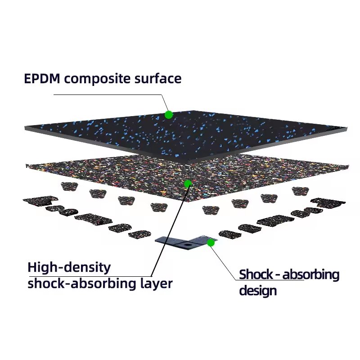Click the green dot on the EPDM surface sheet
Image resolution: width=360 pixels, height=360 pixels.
(169, 115)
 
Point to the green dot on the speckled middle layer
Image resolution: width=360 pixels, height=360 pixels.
(188, 183)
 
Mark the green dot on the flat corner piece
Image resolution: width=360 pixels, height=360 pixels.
(210, 243)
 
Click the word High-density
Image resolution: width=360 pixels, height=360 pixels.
(69, 268)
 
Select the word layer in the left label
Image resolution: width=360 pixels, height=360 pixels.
(156, 284)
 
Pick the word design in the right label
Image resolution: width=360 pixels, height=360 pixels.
(257, 291)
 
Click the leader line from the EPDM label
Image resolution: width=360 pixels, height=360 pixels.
(108, 95)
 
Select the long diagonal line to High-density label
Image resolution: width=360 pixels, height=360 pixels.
(169, 229)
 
